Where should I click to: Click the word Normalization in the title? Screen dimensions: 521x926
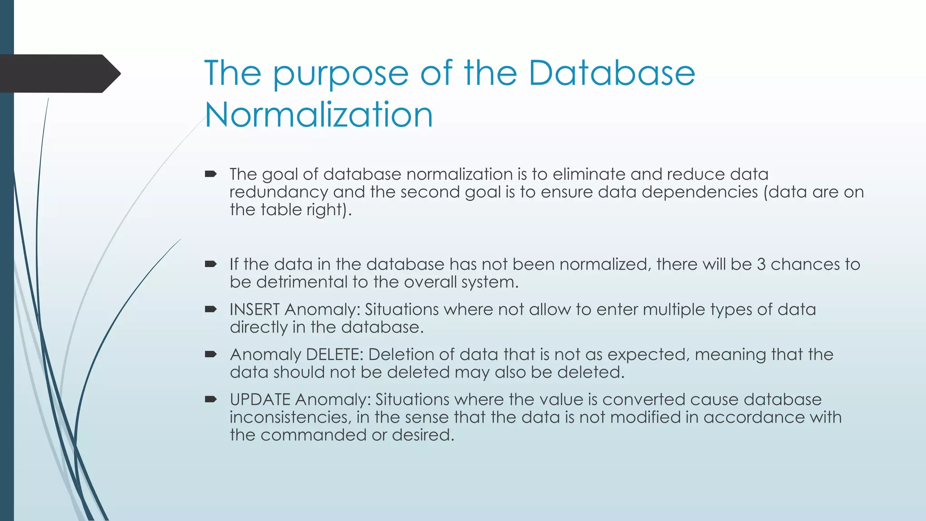tap(319, 115)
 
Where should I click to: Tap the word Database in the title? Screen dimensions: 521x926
tap(611, 73)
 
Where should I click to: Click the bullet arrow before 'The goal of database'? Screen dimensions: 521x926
tap(211, 174)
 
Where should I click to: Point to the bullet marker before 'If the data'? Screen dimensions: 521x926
tap(211, 264)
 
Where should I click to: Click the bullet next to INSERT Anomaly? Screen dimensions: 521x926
tap(211, 309)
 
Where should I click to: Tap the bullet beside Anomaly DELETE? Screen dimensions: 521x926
tap(211, 354)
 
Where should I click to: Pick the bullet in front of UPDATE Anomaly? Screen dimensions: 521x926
tap(211, 399)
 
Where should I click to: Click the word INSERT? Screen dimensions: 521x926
tap(255, 310)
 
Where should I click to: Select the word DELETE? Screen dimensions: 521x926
tap(335, 355)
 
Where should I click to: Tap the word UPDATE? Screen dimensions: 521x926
tap(260, 400)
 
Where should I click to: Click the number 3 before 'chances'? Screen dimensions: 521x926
tap(761, 265)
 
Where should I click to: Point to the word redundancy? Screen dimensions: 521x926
tap(279, 192)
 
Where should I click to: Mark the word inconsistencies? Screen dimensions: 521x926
tap(290, 417)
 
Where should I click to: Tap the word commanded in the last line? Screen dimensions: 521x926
tap(313, 435)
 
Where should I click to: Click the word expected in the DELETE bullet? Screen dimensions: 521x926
tap(647, 355)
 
